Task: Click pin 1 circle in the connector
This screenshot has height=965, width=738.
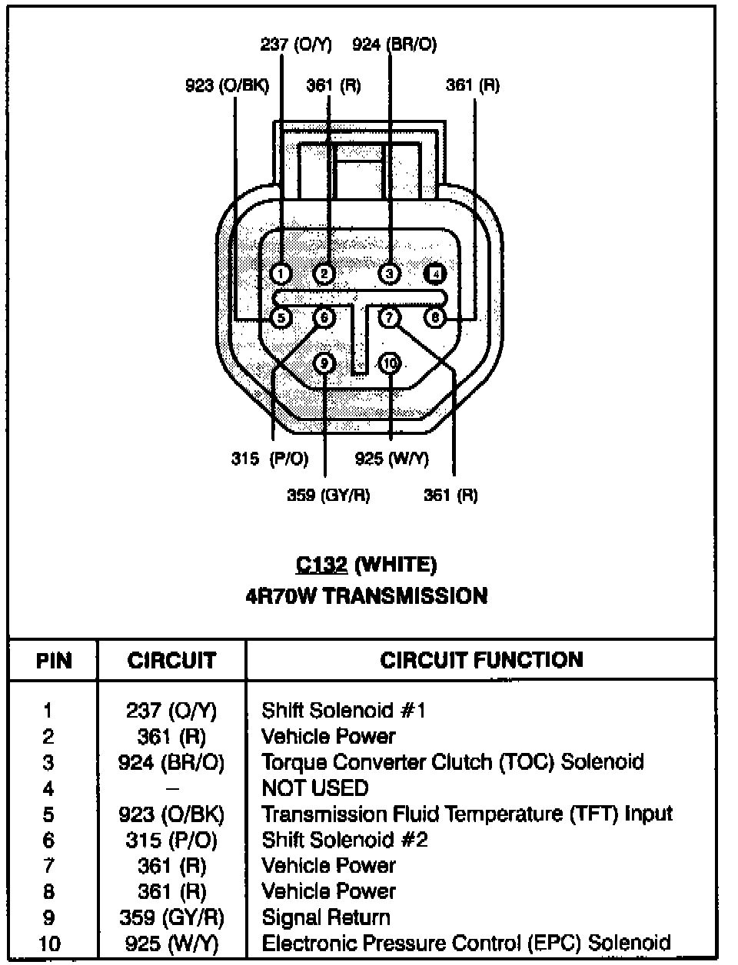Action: [x=281, y=273]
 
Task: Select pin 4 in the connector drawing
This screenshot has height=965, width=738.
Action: [x=436, y=274]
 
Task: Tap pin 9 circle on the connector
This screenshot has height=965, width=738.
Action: [x=325, y=363]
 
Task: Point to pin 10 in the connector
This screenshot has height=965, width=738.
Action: [x=391, y=363]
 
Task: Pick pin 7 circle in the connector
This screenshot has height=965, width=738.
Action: [x=390, y=317]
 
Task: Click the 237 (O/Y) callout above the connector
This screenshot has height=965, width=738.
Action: [x=295, y=45]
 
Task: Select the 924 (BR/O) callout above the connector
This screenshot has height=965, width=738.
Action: [x=394, y=45]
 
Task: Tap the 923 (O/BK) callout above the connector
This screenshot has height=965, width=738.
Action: [x=227, y=85]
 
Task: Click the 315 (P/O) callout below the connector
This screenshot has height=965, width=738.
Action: [x=270, y=459]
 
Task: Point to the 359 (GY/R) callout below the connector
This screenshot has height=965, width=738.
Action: [x=328, y=496]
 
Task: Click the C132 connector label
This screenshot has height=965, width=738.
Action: [x=321, y=565]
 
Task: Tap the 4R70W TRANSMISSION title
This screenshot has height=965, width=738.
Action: [x=366, y=596]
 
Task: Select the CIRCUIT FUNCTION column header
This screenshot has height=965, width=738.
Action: [x=481, y=660]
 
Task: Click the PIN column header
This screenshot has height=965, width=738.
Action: [x=54, y=661]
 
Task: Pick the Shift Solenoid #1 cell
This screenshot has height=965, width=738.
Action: [x=344, y=710]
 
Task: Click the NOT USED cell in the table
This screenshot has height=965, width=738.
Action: [x=315, y=788]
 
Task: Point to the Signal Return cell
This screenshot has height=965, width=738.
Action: [x=326, y=917]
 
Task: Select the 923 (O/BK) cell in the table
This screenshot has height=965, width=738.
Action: [x=171, y=814]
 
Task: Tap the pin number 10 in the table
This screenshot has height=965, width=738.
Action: [x=49, y=943]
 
